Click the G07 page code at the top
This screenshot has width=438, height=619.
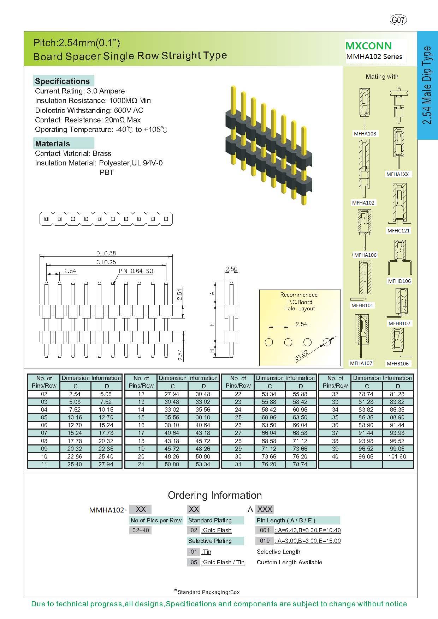pos(398,20)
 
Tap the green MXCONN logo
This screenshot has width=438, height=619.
pos(368,46)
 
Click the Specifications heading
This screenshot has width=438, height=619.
pos(62,81)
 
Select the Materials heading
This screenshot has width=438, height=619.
pos(52,144)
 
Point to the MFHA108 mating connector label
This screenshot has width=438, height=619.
pos(365,134)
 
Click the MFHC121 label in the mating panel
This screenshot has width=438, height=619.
pos(398,231)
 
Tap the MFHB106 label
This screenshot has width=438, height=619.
pos(397,364)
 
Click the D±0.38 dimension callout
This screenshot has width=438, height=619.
pos(106,253)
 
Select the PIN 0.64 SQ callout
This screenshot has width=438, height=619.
pos(136,271)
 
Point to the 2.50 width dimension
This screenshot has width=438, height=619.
pos(231,269)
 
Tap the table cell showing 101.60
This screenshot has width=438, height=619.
pos(397,456)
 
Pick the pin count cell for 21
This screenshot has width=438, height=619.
pos(141,464)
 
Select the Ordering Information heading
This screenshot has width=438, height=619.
pos(215,495)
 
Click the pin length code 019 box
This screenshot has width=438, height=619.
pos(265,541)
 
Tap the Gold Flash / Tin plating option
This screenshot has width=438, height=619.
pos(223,562)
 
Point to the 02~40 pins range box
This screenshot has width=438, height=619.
pos(141,530)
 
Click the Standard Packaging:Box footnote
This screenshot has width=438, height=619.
pos(208,592)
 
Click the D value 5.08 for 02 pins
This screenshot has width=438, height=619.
pos(106,394)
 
